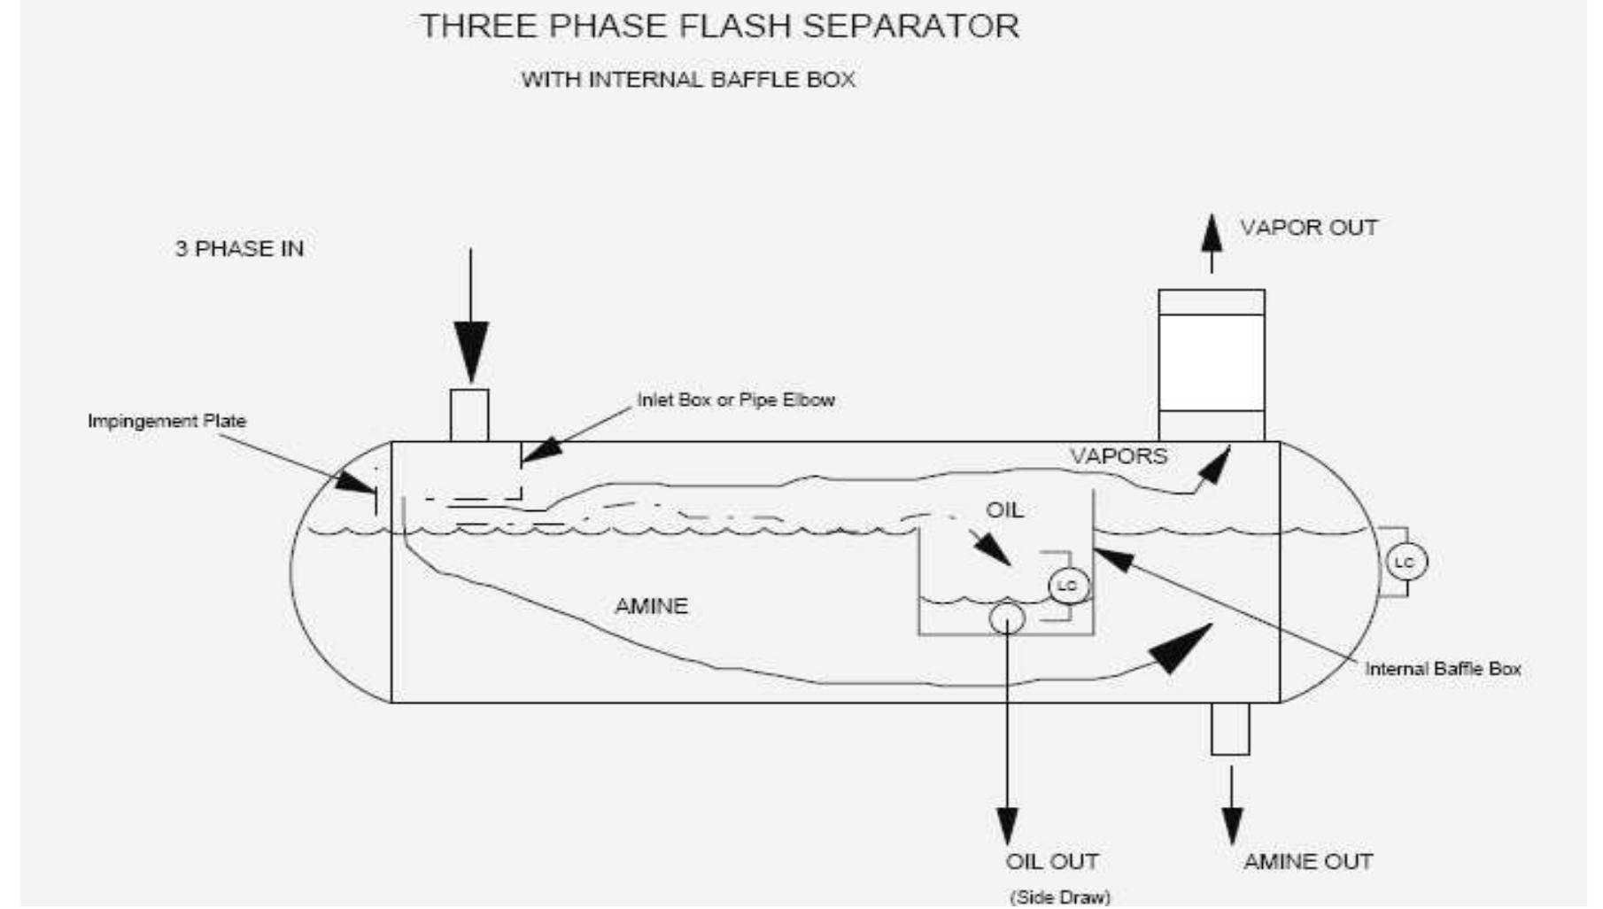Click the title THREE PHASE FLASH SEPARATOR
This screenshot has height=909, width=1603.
719,27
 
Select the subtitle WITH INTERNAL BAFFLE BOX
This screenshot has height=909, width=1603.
688,80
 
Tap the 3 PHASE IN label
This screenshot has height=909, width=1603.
239,249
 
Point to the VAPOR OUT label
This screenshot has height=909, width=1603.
1308,228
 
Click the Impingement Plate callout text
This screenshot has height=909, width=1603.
166,421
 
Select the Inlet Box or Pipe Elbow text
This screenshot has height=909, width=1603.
736,400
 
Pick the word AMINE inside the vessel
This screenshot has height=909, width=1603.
651,606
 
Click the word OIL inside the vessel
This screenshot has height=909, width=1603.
1004,510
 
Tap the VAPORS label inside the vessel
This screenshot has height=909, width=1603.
1119,456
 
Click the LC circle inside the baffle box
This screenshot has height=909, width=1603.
1068,586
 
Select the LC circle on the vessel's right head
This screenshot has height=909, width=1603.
1405,563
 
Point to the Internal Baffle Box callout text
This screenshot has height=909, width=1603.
1443,669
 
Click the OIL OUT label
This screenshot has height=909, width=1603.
1051,861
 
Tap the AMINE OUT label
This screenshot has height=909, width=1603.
1307,861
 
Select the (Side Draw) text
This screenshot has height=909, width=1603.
1060,897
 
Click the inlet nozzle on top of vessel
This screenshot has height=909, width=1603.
469,415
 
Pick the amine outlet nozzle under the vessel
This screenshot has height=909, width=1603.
1230,728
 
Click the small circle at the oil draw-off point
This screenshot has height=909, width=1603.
1007,618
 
